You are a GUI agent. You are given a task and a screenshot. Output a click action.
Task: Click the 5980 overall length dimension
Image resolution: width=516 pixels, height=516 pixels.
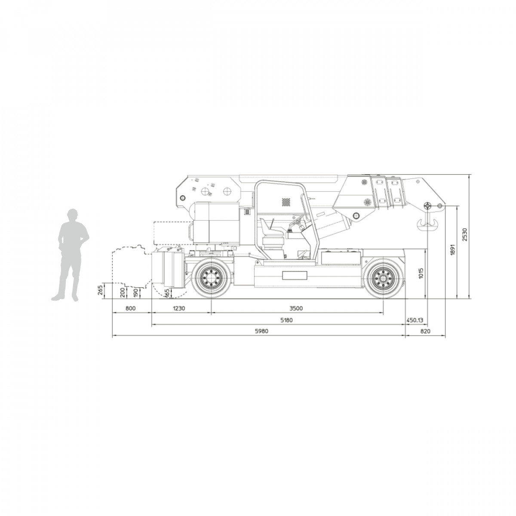(261, 331)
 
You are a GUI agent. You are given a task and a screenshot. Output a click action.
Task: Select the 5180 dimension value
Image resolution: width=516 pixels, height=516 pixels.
(286, 320)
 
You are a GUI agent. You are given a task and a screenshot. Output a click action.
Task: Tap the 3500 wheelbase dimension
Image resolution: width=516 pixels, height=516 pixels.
(296, 308)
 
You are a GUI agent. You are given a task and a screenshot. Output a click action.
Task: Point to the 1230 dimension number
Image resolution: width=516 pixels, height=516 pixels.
(179, 308)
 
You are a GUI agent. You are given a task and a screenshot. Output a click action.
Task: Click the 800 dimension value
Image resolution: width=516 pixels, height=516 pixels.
(131, 308)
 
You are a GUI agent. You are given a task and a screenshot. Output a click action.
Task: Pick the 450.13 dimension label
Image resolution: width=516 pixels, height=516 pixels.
(415, 320)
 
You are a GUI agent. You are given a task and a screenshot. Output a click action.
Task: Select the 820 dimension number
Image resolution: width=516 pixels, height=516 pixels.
(425, 331)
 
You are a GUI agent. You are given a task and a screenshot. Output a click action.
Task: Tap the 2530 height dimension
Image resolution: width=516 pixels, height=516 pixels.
(464, 235)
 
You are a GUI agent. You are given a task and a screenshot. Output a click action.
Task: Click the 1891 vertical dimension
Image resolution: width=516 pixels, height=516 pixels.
(453, 249)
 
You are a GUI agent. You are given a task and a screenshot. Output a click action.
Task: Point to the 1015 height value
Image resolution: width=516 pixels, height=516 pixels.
(421, 273)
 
